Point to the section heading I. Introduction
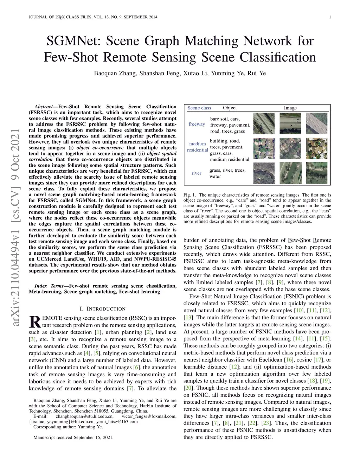point(103,309)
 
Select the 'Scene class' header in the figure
point(199,108)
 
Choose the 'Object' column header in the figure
point(230,108)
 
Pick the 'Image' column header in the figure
point(290,108)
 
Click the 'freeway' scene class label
point(197,124)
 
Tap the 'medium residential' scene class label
point(197,147)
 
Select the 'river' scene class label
point(197,173)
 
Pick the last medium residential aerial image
point(316,148)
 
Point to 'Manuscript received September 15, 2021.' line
point(73,438)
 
